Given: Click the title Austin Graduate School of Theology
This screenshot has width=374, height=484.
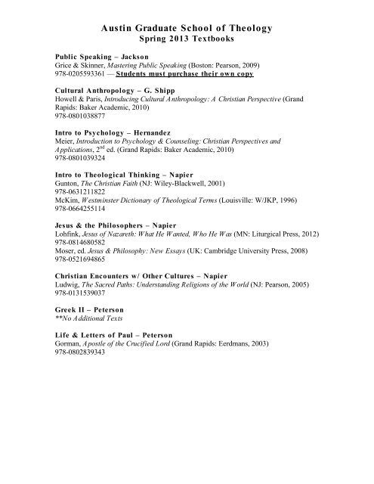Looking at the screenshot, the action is tap(186, 28).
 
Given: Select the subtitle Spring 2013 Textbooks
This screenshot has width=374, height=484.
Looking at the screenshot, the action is tap(186, 39).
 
